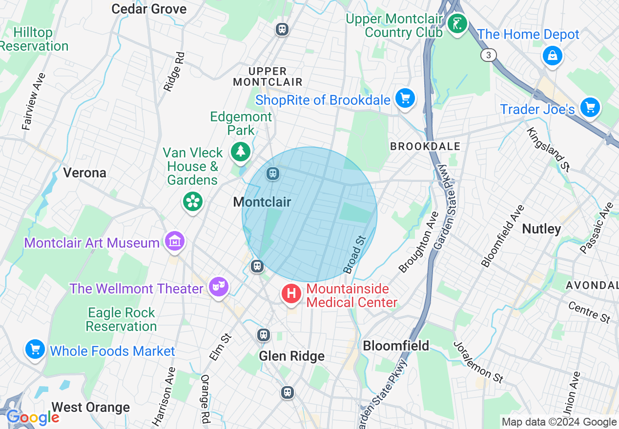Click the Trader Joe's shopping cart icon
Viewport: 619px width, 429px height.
[x=590, y=107]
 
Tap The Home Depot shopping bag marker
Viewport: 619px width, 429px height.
[x=552, y=55]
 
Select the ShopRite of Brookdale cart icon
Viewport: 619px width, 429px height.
[x=405, y=98]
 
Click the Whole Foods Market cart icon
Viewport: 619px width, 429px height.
[x=35, y=349]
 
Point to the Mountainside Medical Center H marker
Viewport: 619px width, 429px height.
[x=291, y=294]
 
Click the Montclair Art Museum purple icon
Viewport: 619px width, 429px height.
[x=174, y=241]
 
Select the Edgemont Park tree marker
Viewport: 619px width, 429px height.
[x=240, y=151]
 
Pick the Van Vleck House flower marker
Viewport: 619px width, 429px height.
[x=192, y=201]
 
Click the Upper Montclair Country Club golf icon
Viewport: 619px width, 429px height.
[x=457, y=23]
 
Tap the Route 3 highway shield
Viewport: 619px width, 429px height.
[x=488, y=55]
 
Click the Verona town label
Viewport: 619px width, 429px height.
[x=84, y=173]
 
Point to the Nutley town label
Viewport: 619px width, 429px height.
[x=541, y=229]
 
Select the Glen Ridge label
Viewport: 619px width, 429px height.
[x=291, y=356]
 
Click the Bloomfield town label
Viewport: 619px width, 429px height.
[x=396, y=346]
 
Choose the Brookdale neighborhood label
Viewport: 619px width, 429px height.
[x=425, y=146]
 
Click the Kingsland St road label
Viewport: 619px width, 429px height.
[x=548, y=149]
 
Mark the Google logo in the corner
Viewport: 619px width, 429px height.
[x=32, y=417]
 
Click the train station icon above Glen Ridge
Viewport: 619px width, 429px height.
[x=264, y=335]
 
